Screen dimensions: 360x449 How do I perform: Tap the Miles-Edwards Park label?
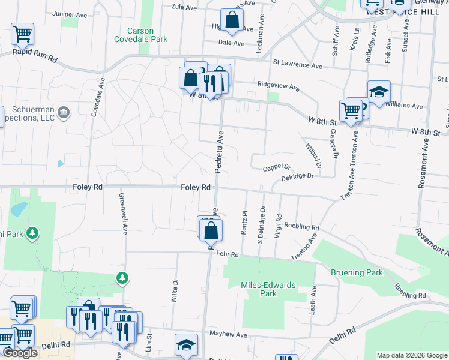(268, 289)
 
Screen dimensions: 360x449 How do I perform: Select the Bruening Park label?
(357, 272)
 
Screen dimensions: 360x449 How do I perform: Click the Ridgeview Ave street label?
(278, 86)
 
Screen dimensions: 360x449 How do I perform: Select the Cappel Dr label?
(277, 167)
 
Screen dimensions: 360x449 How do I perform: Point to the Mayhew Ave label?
(228, 334)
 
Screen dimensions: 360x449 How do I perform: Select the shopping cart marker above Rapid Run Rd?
(22, 34)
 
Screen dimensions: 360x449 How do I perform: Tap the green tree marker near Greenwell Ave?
(122, 277)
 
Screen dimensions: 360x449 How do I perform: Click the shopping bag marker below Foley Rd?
(211, 230)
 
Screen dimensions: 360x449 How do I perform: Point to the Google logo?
(20, 353)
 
